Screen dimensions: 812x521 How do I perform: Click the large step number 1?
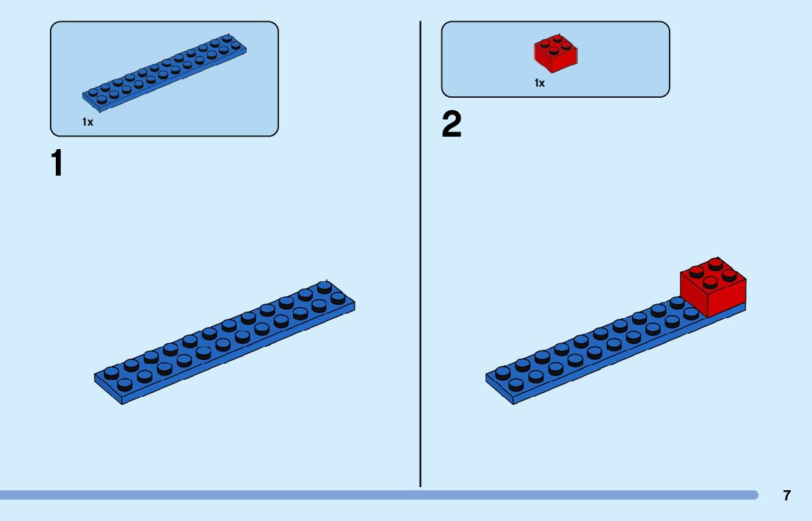[x=57, y=163]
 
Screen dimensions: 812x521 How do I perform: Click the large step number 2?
[x=452, y=125]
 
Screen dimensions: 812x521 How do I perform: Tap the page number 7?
[x=787, y=495]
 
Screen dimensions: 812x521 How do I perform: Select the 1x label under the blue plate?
[x=88, y=122]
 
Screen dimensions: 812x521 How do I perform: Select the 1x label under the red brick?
[x=540, y=83]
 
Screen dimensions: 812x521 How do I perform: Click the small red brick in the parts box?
[x=554, y=54]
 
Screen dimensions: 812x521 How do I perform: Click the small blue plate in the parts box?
[x=164, y=71]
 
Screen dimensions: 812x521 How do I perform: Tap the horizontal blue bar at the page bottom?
[x=367, y=495]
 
